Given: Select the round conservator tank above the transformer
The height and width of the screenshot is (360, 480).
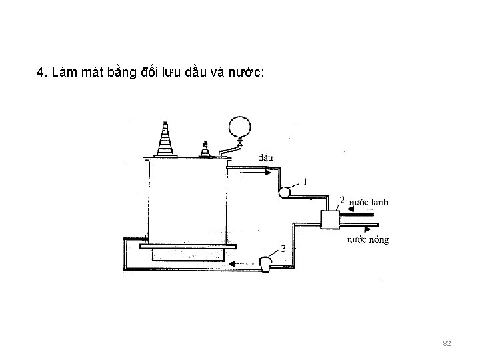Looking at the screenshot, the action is [x=240, y=127].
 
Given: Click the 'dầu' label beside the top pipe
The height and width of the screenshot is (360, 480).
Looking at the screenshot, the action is [x=265, y=158].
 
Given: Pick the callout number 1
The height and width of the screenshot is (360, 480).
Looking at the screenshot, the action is [x=305, y=181].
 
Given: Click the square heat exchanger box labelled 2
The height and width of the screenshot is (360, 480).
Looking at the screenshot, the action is [x=329, y=219].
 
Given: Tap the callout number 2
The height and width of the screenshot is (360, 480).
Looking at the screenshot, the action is [x=342, y=199].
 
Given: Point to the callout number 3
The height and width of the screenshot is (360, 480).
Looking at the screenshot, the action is [x=284, y=248].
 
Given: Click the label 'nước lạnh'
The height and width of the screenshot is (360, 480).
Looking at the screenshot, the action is [x=368, y=202].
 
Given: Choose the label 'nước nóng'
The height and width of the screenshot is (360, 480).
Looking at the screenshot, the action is [x=368, y=239].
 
